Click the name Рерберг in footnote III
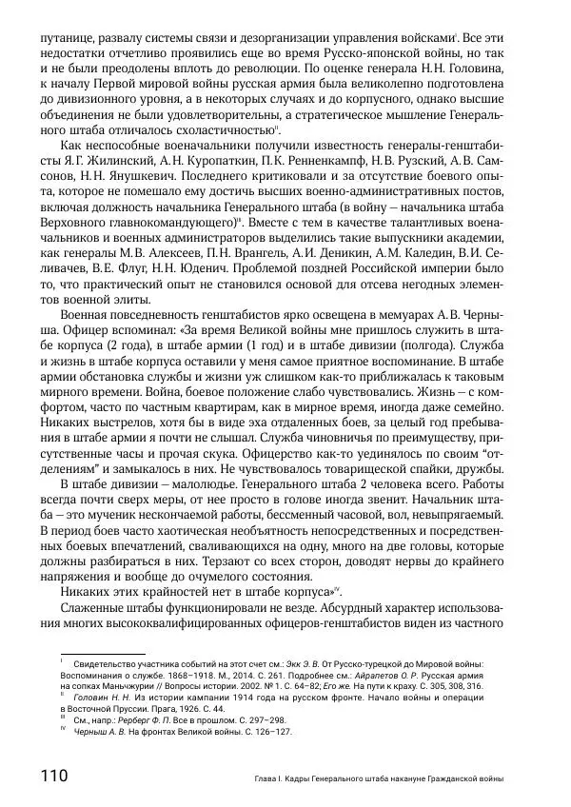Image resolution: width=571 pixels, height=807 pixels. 127,721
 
